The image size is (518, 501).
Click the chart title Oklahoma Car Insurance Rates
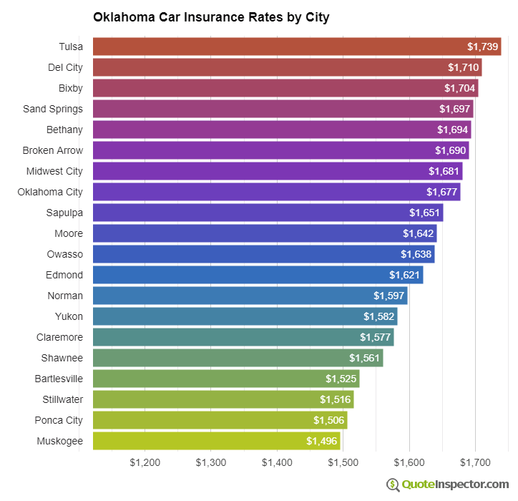tap(211, 17)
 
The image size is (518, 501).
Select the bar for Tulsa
tap(297, 47)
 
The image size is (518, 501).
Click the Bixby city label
tap(71, 88)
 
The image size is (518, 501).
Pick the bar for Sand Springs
tap(283, 109)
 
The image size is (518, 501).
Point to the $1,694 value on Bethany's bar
tap(453, 130)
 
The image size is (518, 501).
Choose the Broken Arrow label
tap(53, 150)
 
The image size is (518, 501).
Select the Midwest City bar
tap(278, 171)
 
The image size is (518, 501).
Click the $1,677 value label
tap(441, 192)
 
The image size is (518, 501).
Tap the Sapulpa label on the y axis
tap(65, 213)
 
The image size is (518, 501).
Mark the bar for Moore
tap(265, 233)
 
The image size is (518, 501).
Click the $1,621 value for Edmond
tap(404, 275)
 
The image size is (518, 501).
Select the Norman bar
tap(250, 296)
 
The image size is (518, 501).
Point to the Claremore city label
tap(60, 337)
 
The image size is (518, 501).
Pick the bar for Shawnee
tap(238, 358)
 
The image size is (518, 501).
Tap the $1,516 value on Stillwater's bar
tap(335, 399)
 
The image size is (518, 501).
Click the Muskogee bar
tap(217, 441)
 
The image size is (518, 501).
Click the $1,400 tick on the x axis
tap(277, 462)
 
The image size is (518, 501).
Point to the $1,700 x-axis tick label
tap(475, 462)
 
